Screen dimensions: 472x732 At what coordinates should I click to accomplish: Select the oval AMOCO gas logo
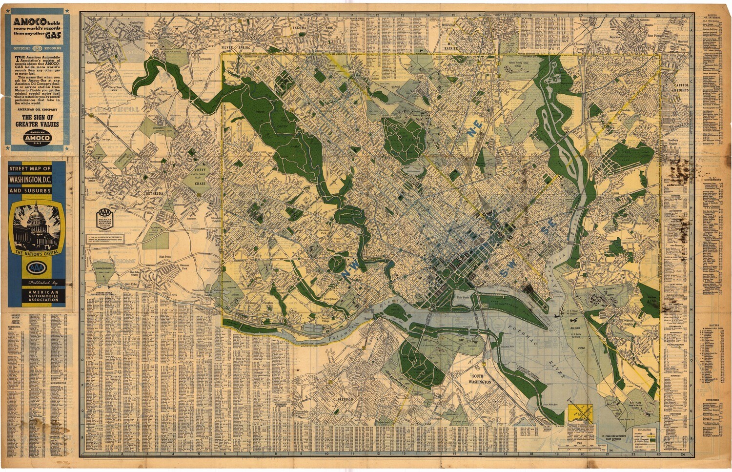tap(38, 137)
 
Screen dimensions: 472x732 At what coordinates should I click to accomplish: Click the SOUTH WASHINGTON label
tap(478, 379)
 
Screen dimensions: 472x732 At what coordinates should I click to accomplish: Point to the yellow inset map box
tap(580, 413)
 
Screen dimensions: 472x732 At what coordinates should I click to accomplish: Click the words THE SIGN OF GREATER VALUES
tap(37, 121)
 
